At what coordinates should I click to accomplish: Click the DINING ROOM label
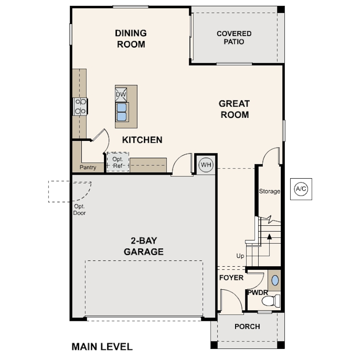(x=131, y=39)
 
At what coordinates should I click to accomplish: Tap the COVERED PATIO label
(x=234, y=37)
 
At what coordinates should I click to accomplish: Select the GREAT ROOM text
(x=234, y=109)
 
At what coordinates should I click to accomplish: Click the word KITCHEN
(x=142, y=140)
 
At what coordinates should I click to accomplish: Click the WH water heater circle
(x=206, y=164)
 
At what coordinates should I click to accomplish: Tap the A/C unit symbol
(x=301, y=188)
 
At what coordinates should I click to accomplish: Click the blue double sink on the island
(x=121, y=112)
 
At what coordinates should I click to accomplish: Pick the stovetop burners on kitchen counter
(x=80, y=106)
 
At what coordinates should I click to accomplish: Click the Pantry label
(x=88, y=168)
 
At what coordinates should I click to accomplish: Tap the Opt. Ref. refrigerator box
(x=118, y=163)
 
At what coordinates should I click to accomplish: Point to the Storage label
(x=270, y=192)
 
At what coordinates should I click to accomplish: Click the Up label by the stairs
(x=240, y=256)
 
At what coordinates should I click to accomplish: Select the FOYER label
(x=232, y=278)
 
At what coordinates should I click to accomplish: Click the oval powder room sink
(x=275, y=280)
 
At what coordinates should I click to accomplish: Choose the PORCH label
(x=247, y=327)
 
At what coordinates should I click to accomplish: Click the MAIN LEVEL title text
(x=102, y=346)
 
